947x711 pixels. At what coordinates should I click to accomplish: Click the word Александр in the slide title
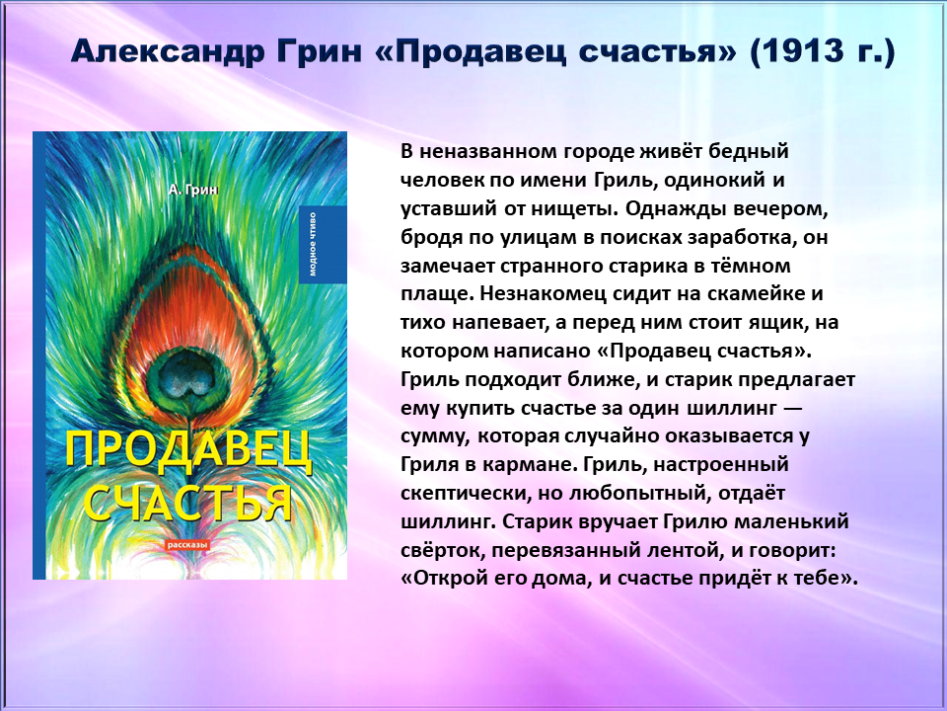click(x=169, y=50)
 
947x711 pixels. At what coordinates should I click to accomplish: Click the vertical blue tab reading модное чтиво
click(x=323, y=244)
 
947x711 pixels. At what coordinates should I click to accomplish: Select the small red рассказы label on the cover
click(x=187, y=545)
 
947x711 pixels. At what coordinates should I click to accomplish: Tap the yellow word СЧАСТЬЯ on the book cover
click(x=187, y=502)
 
